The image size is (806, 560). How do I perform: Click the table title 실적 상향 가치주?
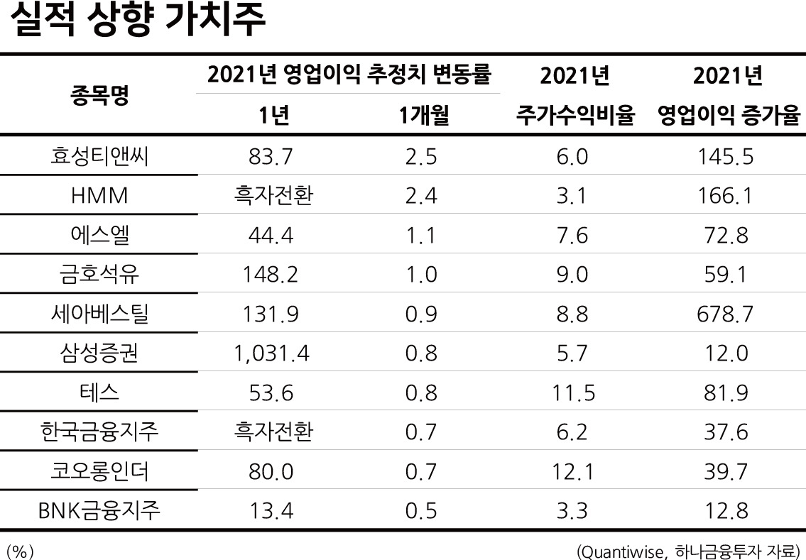pyautogui.click(x=137, y=20)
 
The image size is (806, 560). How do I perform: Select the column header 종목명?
pyautogui.click(x=99, y=94)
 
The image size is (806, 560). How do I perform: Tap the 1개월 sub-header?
pyautogui.click(x=424, y=116)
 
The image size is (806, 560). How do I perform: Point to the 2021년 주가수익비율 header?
pyautogui.click(x=575, y=96)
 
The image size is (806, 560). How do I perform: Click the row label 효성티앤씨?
pyautogui.click(x=99, y=155)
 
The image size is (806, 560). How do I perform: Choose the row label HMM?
pyautogui.click(x=99, y=196)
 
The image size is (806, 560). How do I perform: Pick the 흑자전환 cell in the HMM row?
pyautogui.click(x=273, y=195)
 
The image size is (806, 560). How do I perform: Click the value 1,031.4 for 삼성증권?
pyautogui.click(x=271, y=353)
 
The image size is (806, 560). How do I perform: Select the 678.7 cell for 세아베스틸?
pyautogui.click(x=725, y=314)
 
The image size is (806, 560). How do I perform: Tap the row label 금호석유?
pyautogui.click(x=99, y=274)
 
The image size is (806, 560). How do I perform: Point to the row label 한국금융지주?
pyautogui.click(x=99, y=432)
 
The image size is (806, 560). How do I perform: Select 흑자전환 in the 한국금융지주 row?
pyautogui.click(x=273, y=432)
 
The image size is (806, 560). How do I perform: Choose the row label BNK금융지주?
pyautogui.click(x=99, y=511)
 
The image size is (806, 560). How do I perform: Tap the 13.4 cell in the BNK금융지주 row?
pyautogui.click(x=271, y=511)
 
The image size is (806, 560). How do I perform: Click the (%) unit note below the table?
pyautogui.click(x=20, y=551)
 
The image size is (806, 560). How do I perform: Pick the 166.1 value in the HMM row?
pyautogui.click(x=724, y=196)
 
